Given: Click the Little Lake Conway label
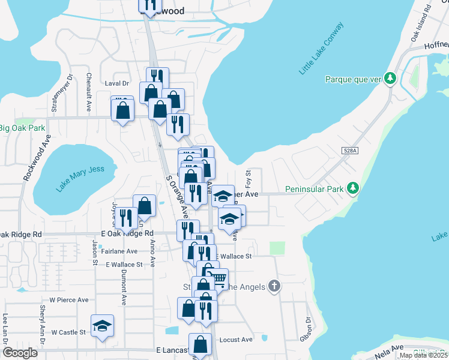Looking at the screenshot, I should [x=321, y=49].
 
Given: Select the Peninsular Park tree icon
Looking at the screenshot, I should [x=354, y=188].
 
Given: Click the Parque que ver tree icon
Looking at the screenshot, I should [x=390, y=79].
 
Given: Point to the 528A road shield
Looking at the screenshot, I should [x=350, y=151].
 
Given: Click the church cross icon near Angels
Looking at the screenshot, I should [x=274, y=286].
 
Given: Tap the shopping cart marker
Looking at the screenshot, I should [x=219, y=278].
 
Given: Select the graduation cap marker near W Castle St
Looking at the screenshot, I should [x=103, y=325].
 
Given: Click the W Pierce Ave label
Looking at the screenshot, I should [x=69, y=299].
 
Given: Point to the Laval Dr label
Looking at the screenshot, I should [x=118, y=83].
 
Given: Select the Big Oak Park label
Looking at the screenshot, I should [x=22, y=128].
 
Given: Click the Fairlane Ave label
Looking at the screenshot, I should [x=119, y=251].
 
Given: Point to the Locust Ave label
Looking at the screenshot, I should [x=236, y=340].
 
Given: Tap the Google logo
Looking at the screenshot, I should [x=20, y=353].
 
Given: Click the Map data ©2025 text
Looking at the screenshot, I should [x=423, y=355].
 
